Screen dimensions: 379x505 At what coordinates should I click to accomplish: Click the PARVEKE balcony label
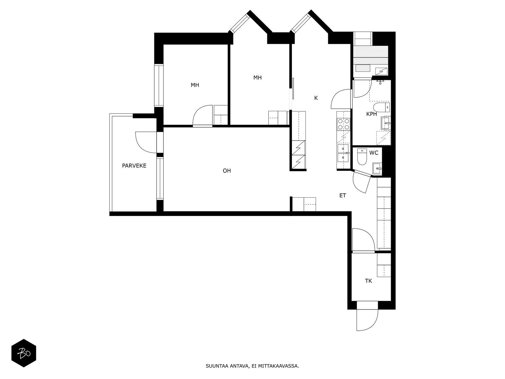tap(134, 165)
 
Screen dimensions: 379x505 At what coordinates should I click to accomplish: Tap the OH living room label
tap(227, 171)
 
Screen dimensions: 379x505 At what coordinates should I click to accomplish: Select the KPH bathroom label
tap(371, 114)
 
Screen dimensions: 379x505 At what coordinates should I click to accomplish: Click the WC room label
tap(374, 153)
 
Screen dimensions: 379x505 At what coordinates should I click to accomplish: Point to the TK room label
tap(368, 281)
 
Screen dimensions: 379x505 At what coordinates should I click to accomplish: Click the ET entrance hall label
tap(342, 196)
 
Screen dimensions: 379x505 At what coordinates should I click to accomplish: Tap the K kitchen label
tap(316, 98)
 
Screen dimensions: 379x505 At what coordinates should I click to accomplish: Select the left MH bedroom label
tap(195, 85)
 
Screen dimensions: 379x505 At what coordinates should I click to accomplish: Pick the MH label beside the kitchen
tap(257, 77)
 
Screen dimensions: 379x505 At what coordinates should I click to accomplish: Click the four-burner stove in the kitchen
tap(343, 124)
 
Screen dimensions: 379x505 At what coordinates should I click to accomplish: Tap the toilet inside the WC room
tap(361, 157)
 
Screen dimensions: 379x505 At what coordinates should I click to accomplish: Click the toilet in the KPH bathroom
tap(382, 107)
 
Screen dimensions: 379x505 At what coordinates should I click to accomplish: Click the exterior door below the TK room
tap(367, 320)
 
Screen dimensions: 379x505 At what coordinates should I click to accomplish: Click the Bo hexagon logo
tap(24, 353)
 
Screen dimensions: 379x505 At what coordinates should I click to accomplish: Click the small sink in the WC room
tap(377, 168)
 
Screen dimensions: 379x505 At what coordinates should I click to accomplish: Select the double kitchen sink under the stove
tap(343, 153)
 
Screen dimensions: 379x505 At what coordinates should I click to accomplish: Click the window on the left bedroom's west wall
tap(159, 85)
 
